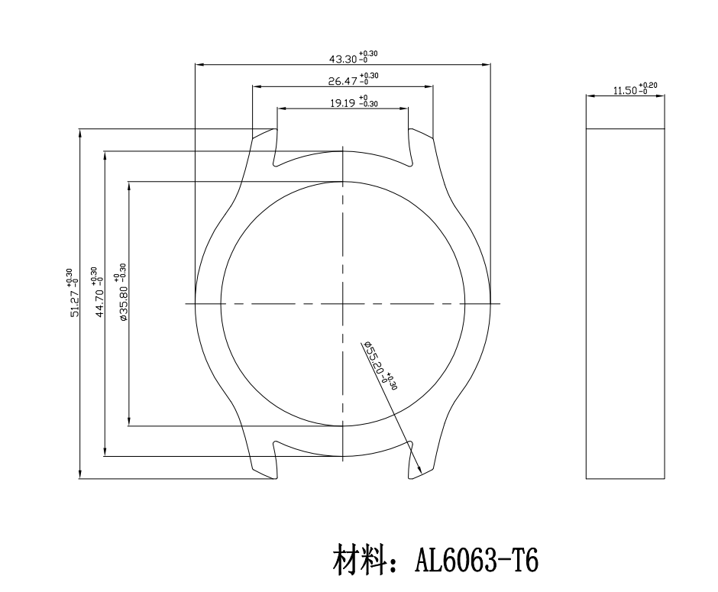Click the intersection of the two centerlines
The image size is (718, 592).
click(343, 303)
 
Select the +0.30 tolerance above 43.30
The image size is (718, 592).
click(368, 54)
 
